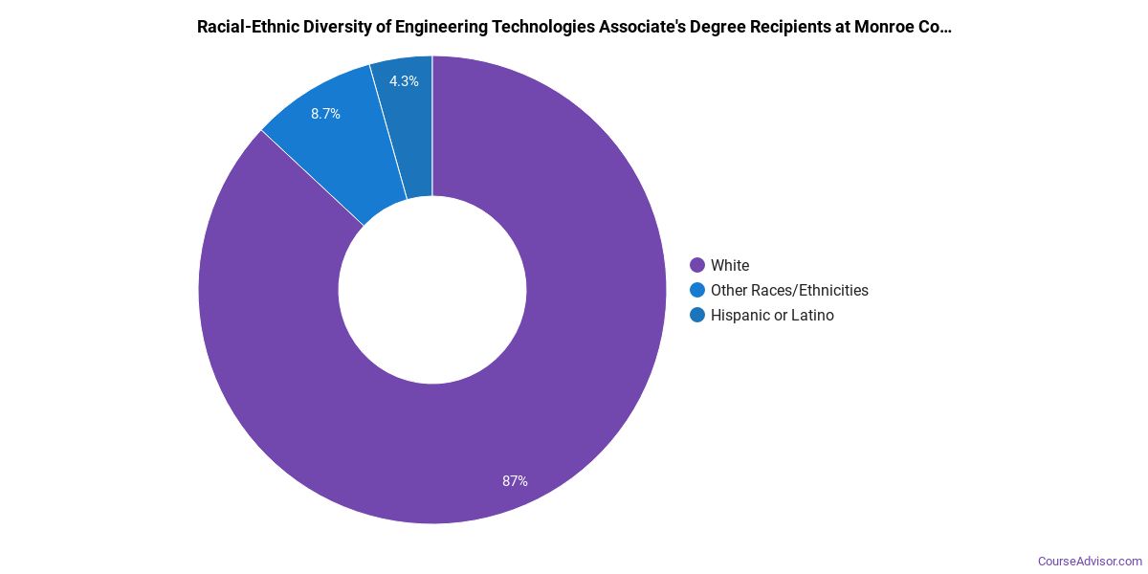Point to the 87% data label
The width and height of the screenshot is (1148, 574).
tap(515, 481)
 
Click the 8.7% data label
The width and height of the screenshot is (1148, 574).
tap(325, 114)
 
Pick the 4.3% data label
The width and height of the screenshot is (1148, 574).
tap(404, 81)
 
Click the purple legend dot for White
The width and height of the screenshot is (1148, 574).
tap(697, 265)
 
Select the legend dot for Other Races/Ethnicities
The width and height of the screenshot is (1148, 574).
tap(697, 290)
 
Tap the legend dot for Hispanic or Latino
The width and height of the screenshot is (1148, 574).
tap(697, 315)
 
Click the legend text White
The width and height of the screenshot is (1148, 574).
tap(730, 265)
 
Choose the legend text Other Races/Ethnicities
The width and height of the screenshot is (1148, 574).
tap(789, 290)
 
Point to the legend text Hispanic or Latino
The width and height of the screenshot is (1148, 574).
tap(772, 315)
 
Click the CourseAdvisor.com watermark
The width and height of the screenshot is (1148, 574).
tap(1090, 562)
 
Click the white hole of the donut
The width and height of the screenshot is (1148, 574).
tap(432, 290)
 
